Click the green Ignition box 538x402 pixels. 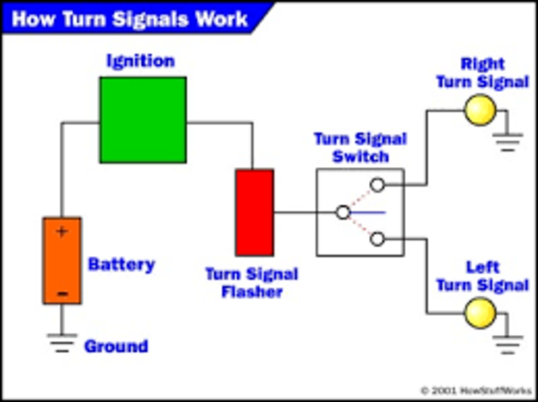143,119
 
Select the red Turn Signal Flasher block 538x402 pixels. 254,211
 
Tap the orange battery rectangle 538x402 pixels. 62,260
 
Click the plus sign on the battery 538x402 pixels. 61,232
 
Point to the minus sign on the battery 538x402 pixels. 61,292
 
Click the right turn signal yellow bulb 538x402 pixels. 482,110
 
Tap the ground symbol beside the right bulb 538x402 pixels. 509,140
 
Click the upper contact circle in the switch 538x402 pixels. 377,185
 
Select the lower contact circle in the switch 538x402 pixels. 377,239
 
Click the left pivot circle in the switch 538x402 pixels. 342,212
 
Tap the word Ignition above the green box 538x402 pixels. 140,60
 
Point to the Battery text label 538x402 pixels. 121,264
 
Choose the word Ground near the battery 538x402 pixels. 115,346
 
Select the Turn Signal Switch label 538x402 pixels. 360,148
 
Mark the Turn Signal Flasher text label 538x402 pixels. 252,284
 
